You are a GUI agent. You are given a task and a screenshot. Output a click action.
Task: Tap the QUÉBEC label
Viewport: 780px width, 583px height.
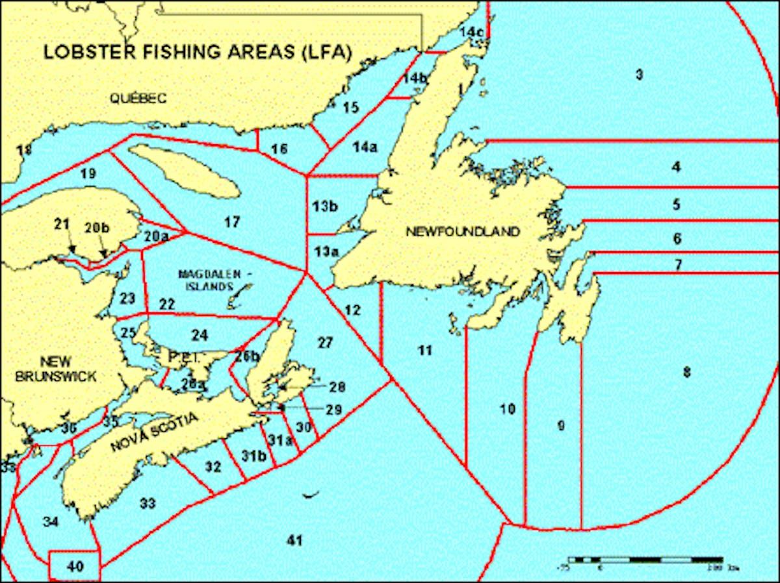pos(138,98)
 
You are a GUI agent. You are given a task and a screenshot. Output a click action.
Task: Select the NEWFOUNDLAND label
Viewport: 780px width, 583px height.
pos(463,232)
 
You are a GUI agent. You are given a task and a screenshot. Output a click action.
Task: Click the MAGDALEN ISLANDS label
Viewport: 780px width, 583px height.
pos(205,280)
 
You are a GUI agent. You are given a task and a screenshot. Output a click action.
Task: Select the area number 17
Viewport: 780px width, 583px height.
pos(231,223)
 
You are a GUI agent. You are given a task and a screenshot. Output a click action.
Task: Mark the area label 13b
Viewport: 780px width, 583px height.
pos(325,206)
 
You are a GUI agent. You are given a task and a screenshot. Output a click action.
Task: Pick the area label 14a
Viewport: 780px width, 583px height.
pos(365,147)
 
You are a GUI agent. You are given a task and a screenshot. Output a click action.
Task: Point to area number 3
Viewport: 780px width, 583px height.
pos(639,75)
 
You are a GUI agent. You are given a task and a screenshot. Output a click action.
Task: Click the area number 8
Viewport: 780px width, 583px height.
pos(686,372)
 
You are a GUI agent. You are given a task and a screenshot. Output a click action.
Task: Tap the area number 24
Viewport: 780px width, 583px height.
pos(200,335)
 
